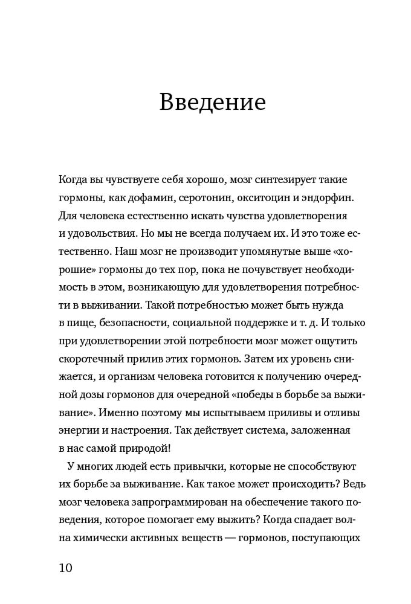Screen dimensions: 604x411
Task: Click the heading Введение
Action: point(212,102)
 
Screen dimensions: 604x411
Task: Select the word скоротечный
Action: point(91,359)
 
